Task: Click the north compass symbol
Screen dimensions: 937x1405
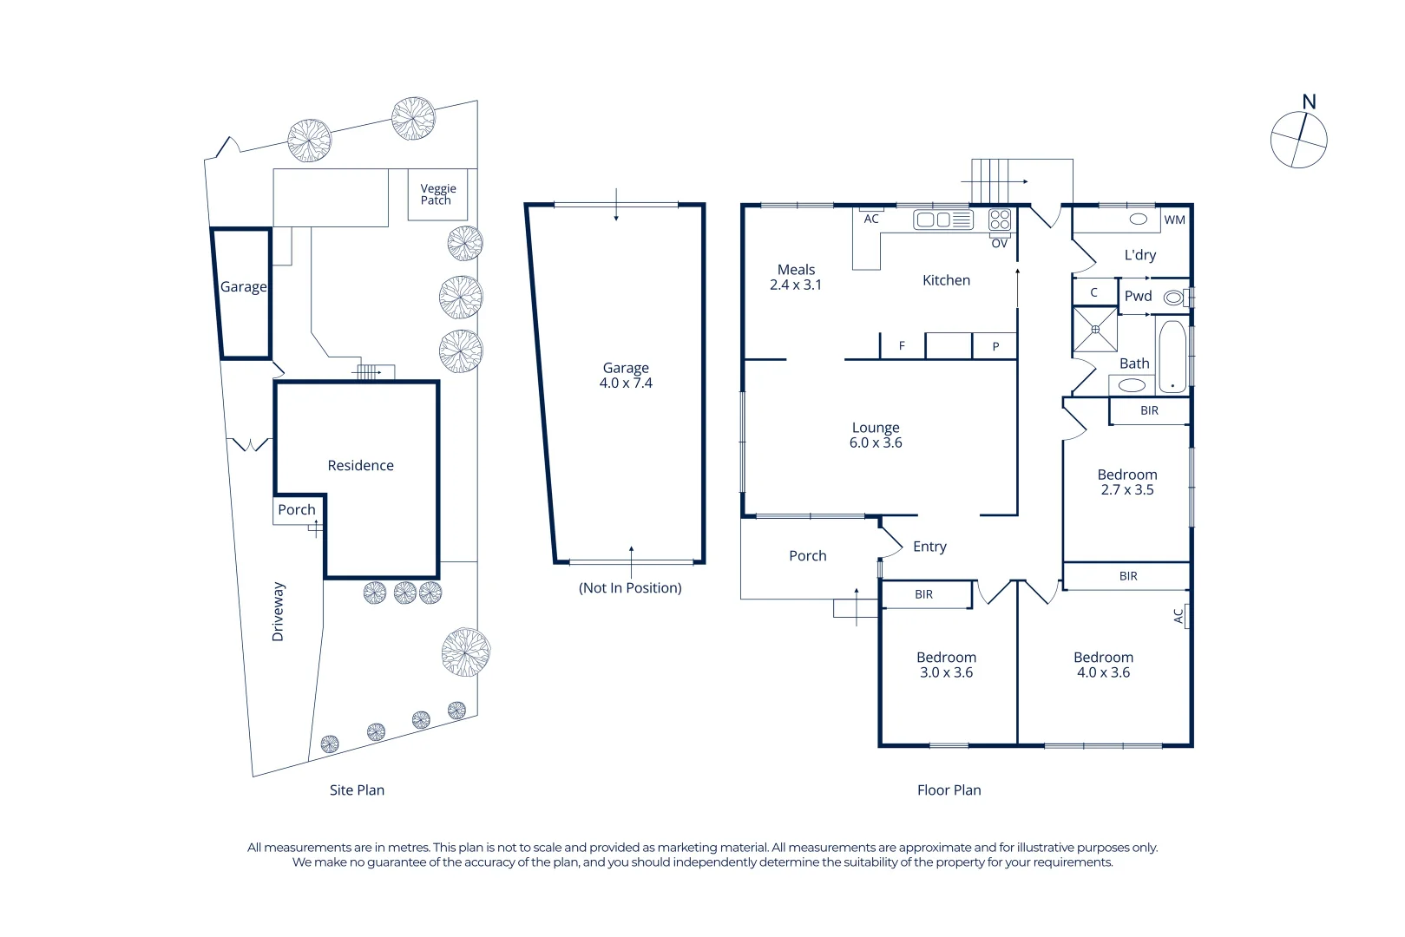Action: click(1298, 139)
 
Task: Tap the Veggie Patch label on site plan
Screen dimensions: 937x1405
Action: click(437, 194)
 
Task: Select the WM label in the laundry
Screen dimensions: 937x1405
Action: click(1174, 220)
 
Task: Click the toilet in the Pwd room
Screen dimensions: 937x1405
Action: click(1174, 298)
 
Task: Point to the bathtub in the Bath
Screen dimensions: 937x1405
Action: click(1172, 356)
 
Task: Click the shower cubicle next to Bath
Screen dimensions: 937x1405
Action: click(1095, 329)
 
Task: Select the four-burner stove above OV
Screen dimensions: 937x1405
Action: click(1000, 220)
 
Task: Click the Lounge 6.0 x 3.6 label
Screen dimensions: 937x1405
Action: click(876, 435)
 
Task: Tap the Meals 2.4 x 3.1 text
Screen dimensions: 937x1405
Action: click(796, 277)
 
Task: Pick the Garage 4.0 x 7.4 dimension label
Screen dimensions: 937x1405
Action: click(626, 376)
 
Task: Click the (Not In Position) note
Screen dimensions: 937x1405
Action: click(630, 587)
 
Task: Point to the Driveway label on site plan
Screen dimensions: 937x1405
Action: click(278, 612)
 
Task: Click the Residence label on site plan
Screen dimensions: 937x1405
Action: click(360, 465)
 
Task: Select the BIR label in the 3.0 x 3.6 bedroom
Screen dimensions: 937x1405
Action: click(923, 594)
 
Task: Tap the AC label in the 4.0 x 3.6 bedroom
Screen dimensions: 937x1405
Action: click(1178, 615)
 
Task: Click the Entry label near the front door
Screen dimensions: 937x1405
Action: click(929, 546)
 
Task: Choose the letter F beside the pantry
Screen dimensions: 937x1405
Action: click(902, 345)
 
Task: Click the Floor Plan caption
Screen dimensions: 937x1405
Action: click(949, 790)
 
